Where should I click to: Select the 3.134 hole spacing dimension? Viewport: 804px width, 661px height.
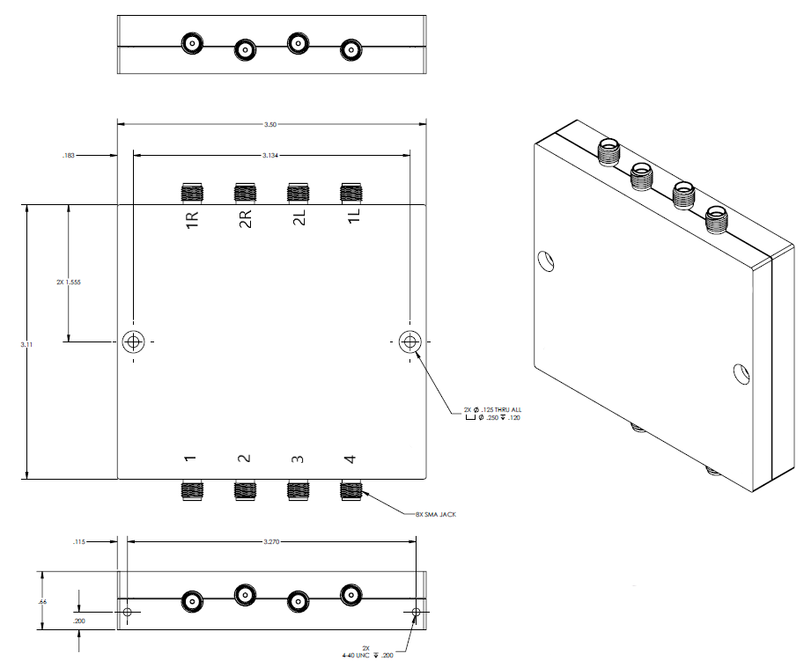271,156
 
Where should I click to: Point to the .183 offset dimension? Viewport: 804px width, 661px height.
69,156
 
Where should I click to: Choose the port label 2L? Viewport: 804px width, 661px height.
299,220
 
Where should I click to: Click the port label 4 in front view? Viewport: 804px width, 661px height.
350,459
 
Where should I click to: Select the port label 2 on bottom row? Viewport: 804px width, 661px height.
245,459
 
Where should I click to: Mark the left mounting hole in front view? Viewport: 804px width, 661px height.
133,342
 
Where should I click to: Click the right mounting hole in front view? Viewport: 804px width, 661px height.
409,342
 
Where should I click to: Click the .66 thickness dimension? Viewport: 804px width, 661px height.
42,601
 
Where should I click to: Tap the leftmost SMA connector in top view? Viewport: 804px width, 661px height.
191,43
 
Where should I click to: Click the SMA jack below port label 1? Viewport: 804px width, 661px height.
191,490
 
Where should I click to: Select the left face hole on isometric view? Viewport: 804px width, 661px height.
547,261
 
